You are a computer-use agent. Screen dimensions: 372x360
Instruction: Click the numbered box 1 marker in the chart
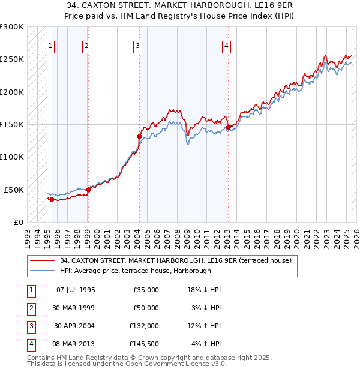[x=50, y=46]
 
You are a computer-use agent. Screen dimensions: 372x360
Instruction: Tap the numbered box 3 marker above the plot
[x=138, y=46]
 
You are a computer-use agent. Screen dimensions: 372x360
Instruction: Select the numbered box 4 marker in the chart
[x=226, y=46]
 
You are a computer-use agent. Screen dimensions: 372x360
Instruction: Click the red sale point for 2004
[x=139, y=136]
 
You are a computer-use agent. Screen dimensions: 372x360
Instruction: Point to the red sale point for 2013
[x=228, y=127]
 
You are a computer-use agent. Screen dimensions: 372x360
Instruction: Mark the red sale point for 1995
[x=52, y=199]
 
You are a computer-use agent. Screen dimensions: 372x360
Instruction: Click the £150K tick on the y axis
[x=12, y=125]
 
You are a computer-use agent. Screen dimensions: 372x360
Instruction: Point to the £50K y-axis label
[x=14, y=190]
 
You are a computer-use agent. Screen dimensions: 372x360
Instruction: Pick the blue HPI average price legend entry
[x=135, y=271]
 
